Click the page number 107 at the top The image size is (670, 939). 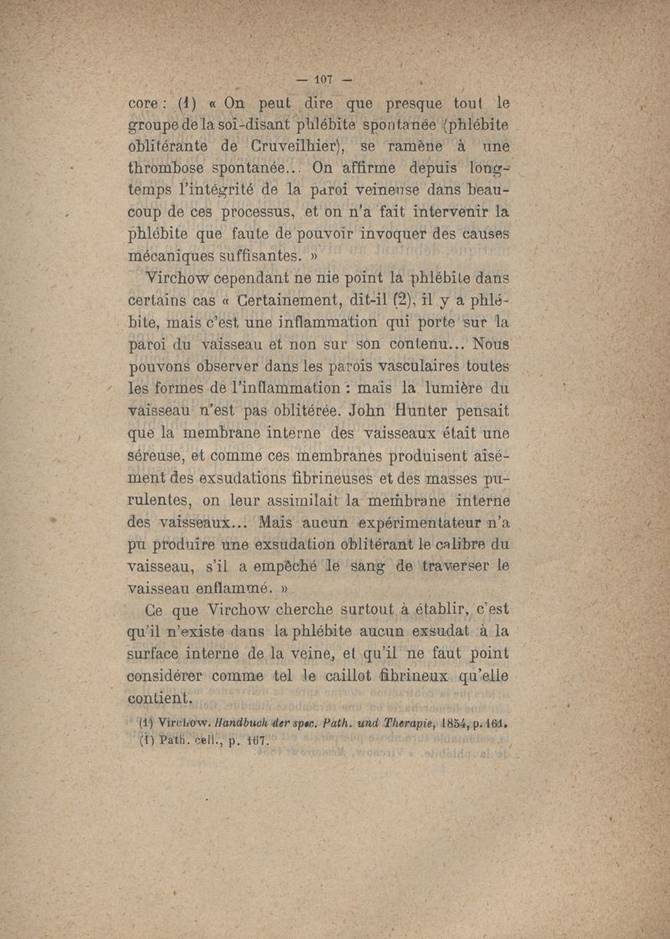coord(322,80)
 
